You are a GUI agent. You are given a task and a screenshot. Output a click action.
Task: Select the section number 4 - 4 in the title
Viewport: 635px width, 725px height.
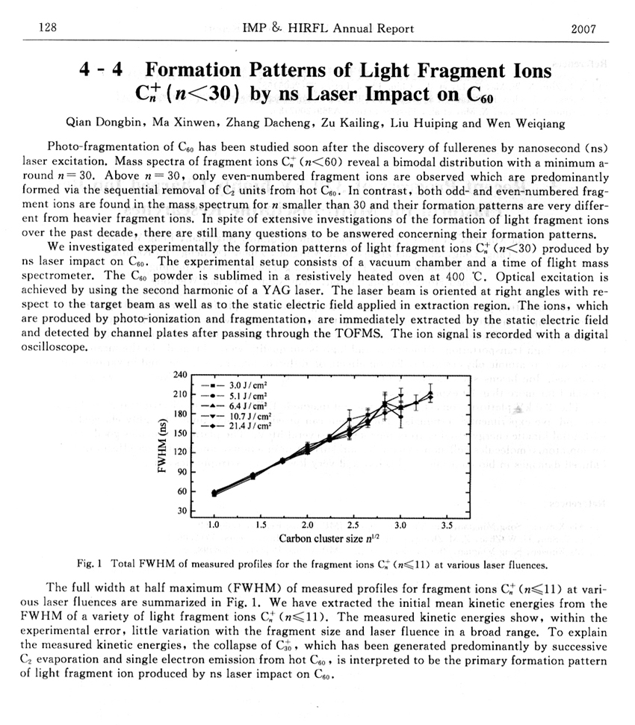[x=101, y=72]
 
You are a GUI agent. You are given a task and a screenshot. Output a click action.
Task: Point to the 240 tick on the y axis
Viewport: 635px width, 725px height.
[x=179, y=374]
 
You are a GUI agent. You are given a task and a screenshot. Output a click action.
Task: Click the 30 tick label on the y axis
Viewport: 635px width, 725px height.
[x=182, y=511]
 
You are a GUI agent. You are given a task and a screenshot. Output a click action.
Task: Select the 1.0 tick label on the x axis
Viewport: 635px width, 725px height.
[x=214, y=526]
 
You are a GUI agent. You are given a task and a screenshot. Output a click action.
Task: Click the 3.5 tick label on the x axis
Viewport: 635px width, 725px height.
[x=447, y=526]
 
